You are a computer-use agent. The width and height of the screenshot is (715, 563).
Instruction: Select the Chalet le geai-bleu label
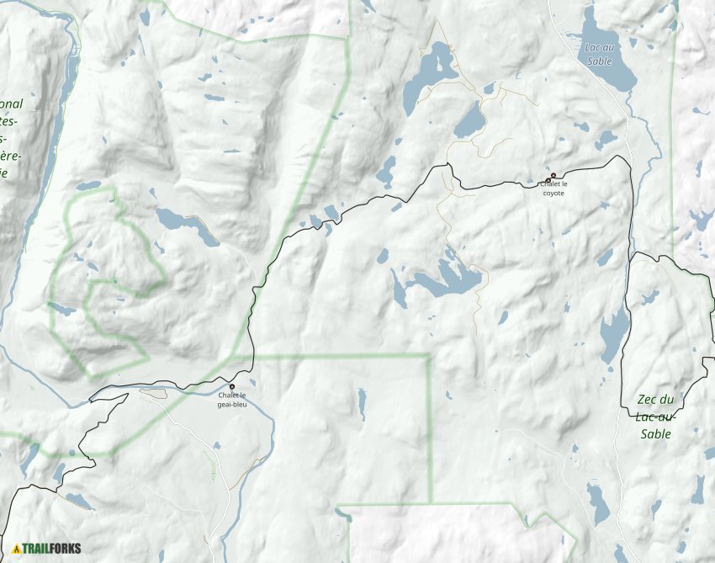point(232,400)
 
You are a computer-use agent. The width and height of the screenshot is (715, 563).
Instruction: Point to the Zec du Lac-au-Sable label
point(656,417)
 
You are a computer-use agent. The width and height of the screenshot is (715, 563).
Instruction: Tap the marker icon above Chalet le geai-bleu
point(232,387)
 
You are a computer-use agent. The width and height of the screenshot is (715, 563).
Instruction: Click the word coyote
point(553,194)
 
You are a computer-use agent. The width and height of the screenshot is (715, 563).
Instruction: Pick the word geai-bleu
point(232,405)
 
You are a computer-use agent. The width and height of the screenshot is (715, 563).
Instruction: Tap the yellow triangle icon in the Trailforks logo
point(16,548)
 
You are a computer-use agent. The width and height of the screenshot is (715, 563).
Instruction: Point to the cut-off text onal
point(12,104)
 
